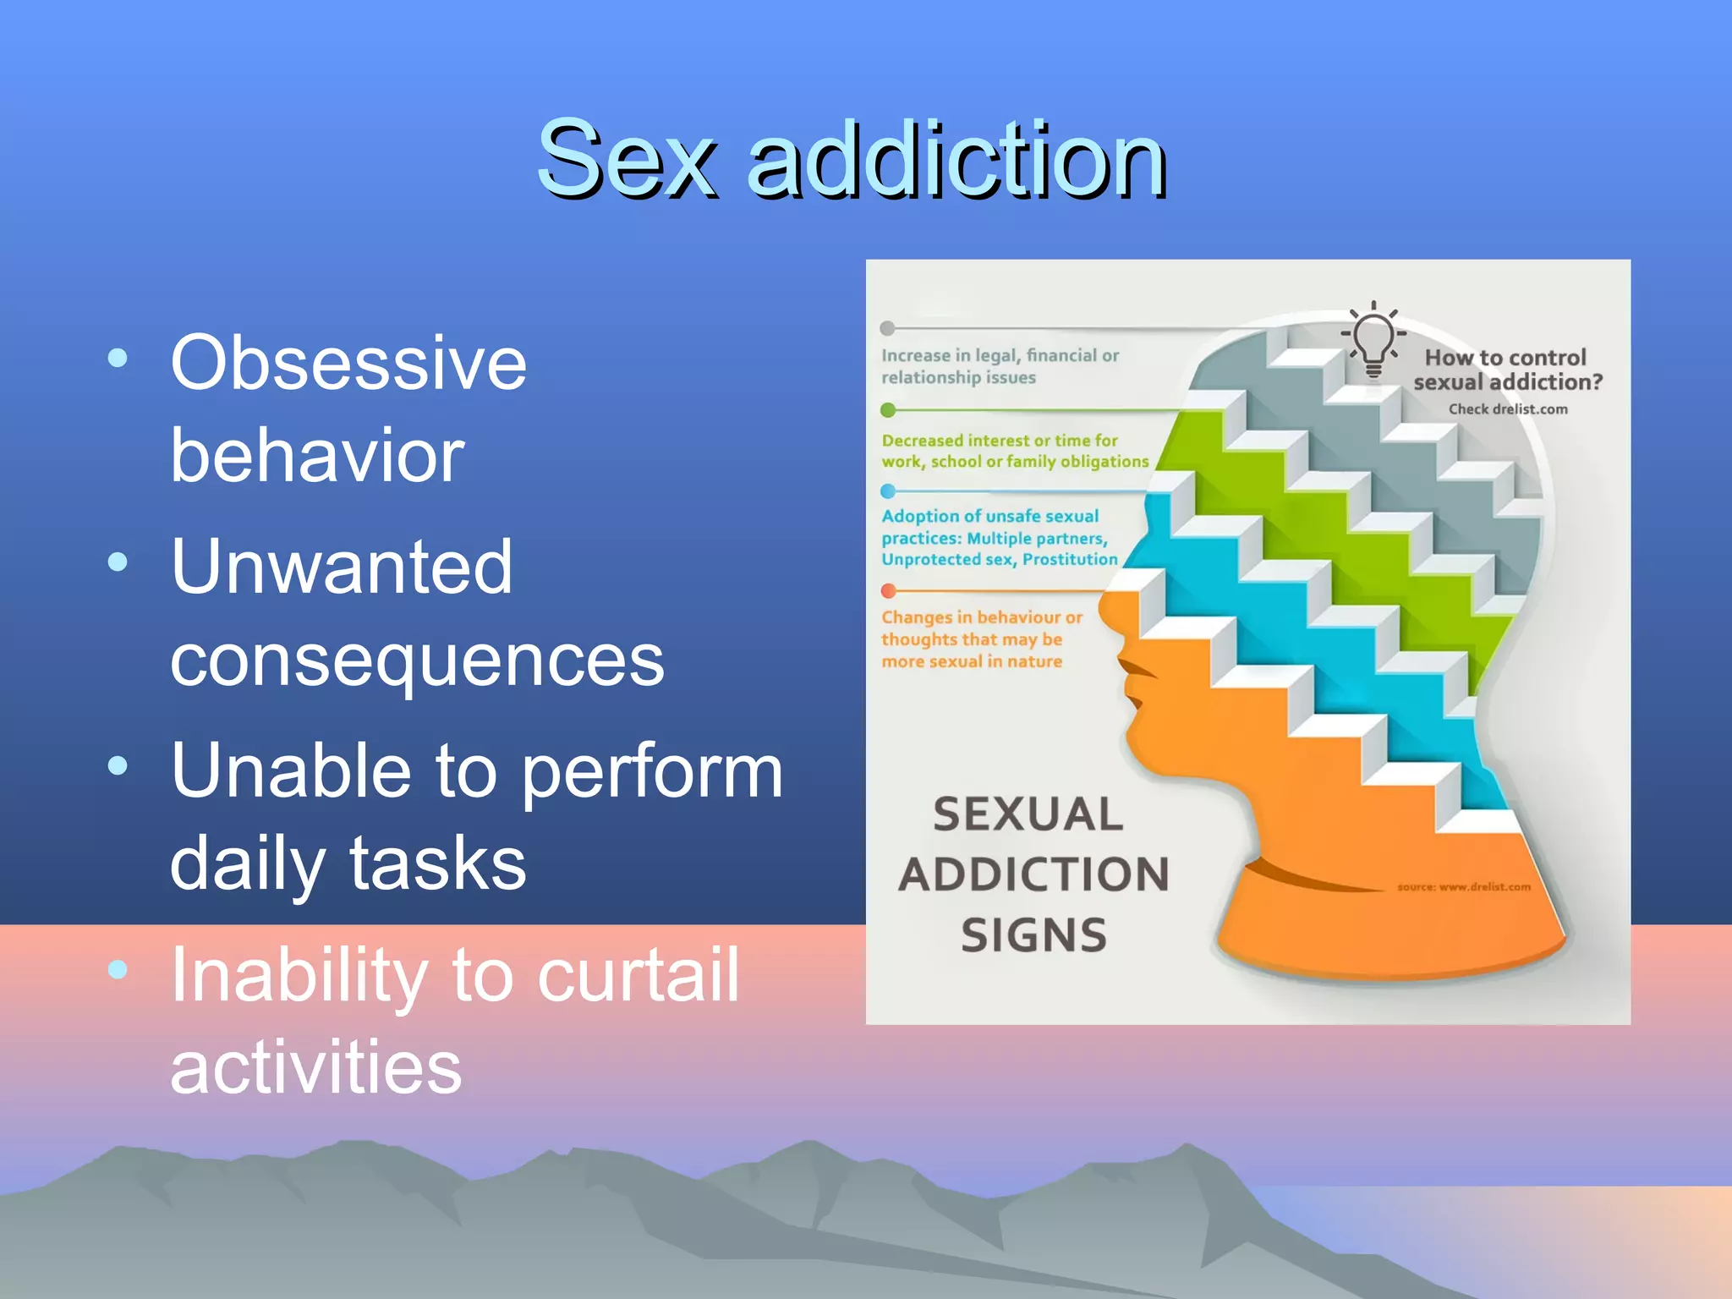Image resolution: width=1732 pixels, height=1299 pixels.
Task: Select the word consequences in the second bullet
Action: click(417, 660)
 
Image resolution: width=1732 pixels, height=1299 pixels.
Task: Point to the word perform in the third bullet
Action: click(652, 770)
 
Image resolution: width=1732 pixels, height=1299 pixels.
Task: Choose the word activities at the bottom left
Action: click(316, 1067)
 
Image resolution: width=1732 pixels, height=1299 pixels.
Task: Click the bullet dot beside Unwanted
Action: click(118, 562)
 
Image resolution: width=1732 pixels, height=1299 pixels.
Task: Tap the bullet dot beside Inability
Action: click(118, 969)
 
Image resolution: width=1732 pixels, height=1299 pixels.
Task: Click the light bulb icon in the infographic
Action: click(1373, 340)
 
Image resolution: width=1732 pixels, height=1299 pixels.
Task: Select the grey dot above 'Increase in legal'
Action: click(887, 328)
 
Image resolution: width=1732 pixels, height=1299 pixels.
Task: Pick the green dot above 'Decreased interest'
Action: click(887, 410)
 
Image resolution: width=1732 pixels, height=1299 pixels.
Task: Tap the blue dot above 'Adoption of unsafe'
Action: click(887, 491)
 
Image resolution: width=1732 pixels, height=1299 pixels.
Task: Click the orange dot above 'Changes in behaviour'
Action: click(888, 590)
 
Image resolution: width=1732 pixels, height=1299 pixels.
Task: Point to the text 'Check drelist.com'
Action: click(1508, 409)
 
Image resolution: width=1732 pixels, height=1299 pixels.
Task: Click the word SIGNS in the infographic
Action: click(1033, 935)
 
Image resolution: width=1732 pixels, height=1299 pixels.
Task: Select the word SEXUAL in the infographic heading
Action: click(1028, 814)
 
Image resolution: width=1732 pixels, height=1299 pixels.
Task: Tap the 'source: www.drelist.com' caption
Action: click(1463, 887)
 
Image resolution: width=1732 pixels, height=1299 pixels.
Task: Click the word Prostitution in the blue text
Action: click(1070, 560)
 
